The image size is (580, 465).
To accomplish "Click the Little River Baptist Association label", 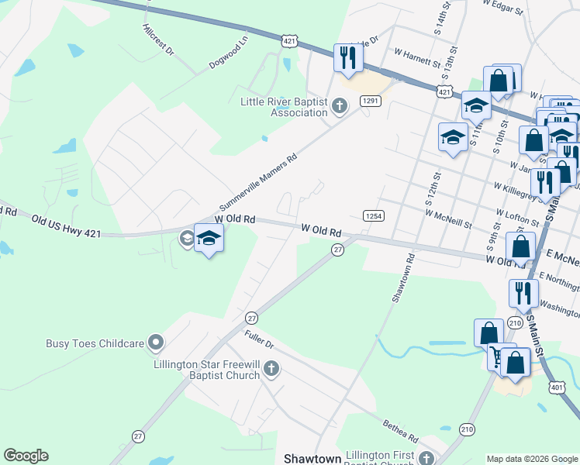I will coord(284,107).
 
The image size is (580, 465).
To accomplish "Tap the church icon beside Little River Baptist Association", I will coord(338,106).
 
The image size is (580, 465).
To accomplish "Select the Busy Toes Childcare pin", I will coord(156,342).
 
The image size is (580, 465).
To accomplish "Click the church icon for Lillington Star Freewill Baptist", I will coord(271,370).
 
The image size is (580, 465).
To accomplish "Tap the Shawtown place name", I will coord(312,459).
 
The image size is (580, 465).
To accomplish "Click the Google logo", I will coord(26,456).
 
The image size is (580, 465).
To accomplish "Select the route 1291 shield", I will coord(370,101).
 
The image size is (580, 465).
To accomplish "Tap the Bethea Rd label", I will coord(400,428).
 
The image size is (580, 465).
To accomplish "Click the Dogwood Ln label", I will coord(228,51).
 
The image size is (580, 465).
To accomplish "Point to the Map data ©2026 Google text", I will coord(531,458).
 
